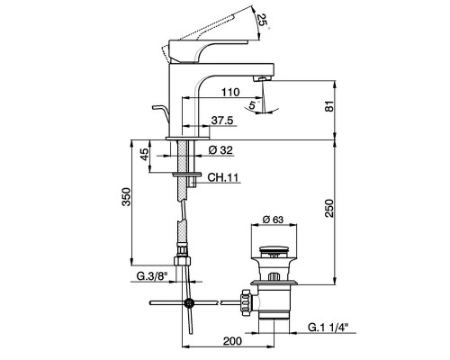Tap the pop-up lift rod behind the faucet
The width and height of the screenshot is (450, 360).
pyautogui.click(x=158, y=113)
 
